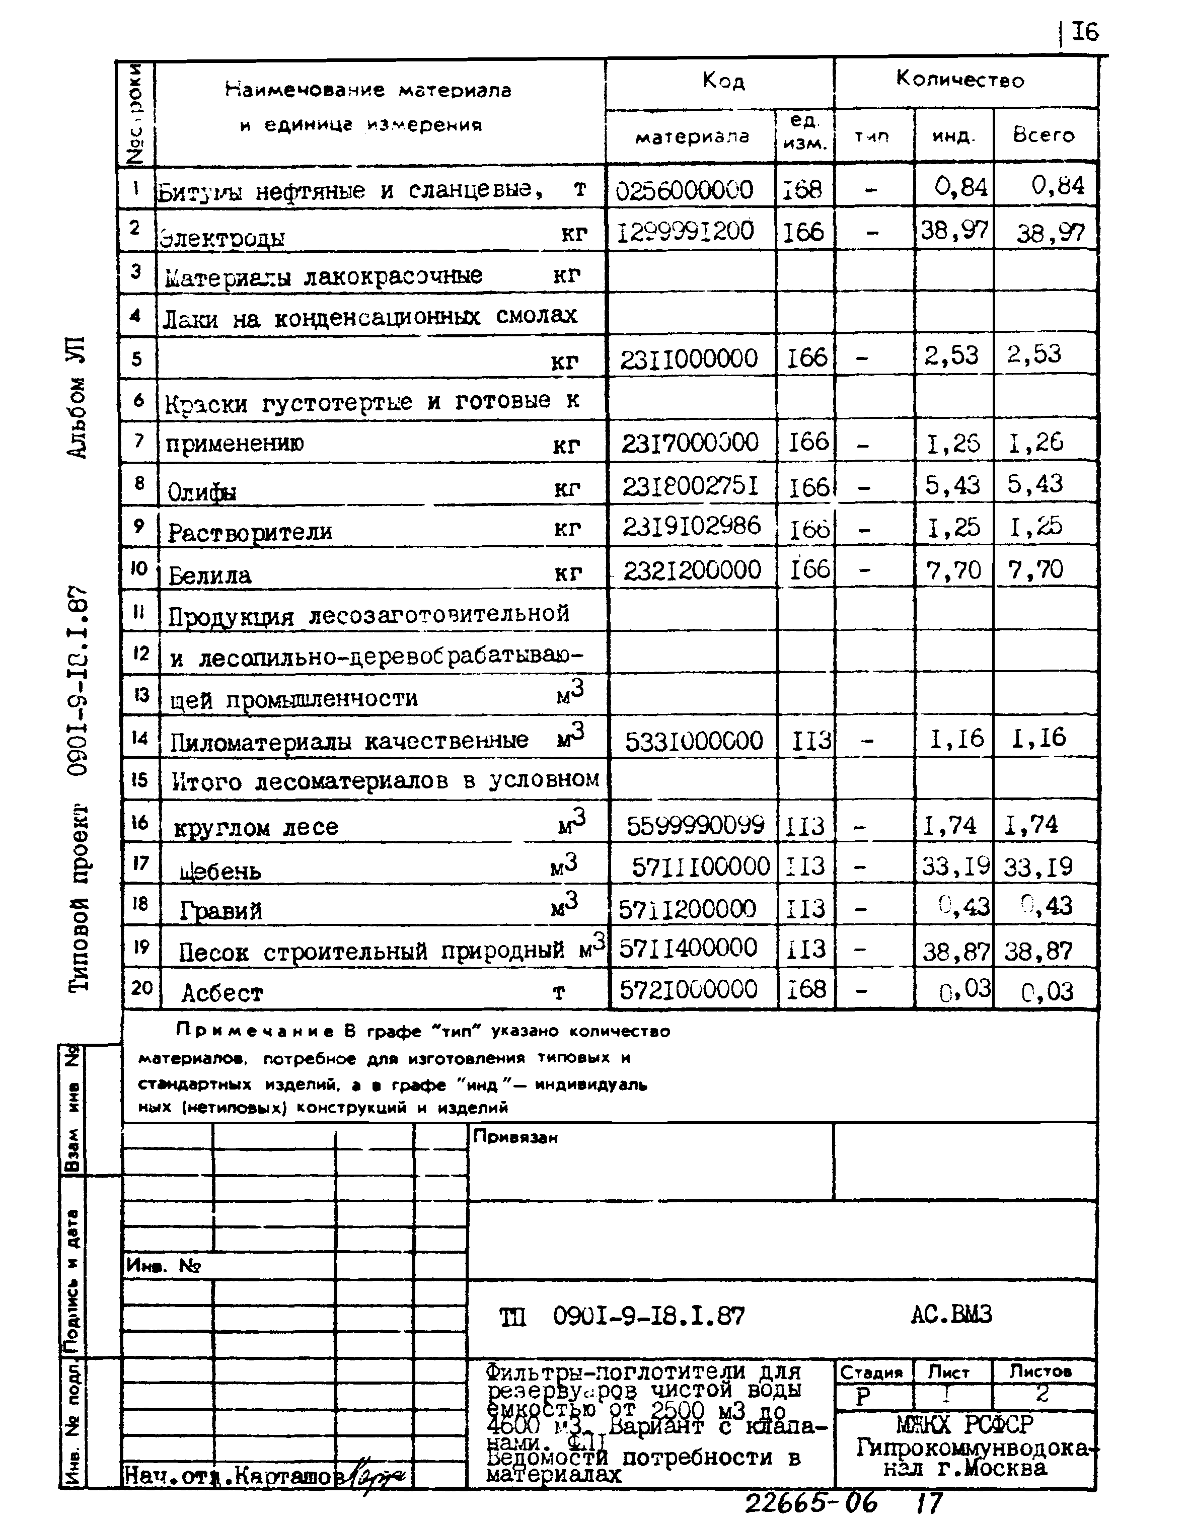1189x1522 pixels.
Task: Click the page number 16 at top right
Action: (x=1084, y=32)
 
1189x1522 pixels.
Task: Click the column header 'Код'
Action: (x=723, y=82)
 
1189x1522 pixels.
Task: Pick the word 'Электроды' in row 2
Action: (x=221, y=238)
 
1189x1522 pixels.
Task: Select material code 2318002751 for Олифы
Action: (x=689, y=486)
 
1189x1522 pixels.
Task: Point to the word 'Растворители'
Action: (x=250, y=532)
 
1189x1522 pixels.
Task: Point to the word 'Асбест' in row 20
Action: (x=222, y=993)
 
